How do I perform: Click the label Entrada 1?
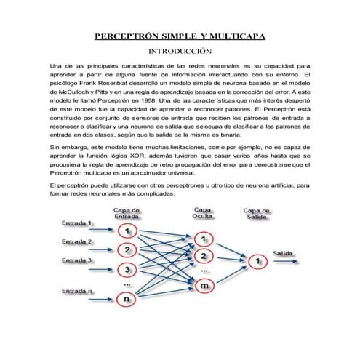coord(78,223)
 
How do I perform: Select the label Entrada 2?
coord(78,241)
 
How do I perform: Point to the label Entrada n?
coord(78,291)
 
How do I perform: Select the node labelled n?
coord(127,298)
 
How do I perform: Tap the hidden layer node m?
coord(204,287)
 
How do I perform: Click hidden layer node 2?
coord(204,257)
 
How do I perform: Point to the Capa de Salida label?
coord(255,214)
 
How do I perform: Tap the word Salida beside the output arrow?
coord(284,253)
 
